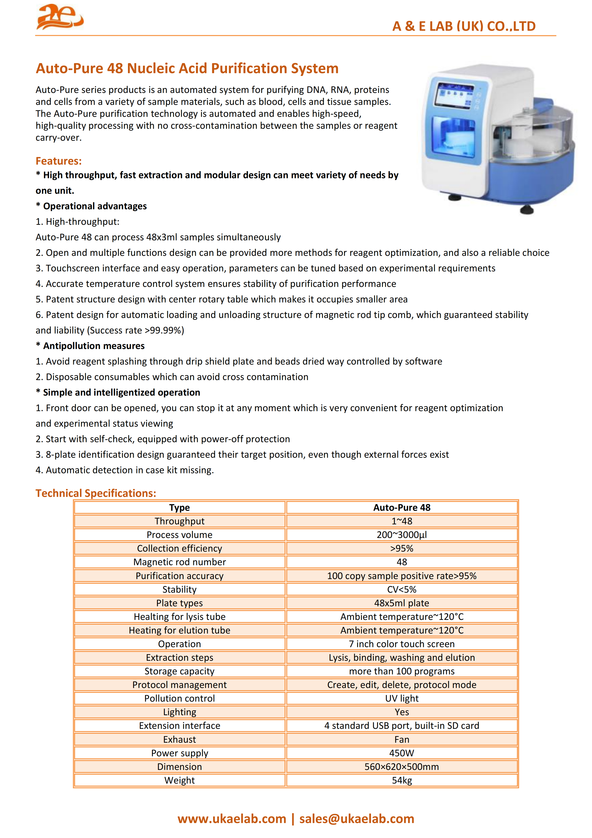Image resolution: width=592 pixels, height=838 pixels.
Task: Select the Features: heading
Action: point(58,161)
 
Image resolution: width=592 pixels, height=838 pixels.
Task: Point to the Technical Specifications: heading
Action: point(95,493)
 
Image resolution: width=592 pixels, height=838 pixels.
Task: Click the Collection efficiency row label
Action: point(180,548)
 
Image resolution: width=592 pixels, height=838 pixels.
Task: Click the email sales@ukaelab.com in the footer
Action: point(356,819)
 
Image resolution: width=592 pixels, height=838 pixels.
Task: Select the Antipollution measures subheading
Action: point(94,346)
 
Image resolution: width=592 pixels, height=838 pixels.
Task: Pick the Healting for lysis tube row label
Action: point(180,617)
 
